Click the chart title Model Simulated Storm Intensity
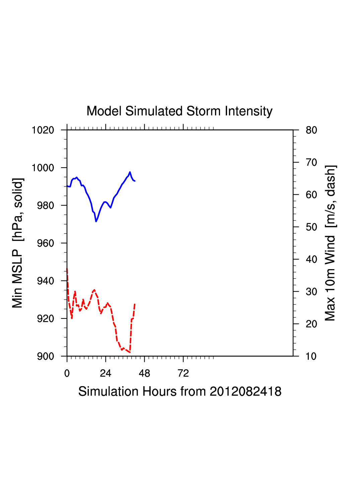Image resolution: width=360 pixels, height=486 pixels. [179, 111]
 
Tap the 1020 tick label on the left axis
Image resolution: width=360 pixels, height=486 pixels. [43, 130]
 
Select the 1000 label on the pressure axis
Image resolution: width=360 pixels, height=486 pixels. [43, 168]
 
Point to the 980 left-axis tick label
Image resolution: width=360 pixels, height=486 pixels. [46, 205]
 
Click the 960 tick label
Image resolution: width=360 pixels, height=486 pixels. [46, 243]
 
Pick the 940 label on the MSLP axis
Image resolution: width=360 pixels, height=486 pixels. [46, 281]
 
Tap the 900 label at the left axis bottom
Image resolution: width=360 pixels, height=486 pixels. [46, 356]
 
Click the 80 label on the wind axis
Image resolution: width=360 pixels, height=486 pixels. [311, 130]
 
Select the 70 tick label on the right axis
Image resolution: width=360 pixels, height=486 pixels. [311, 163]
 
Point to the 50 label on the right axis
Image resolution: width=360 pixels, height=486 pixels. [311, 227]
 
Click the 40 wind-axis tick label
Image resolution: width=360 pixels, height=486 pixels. [311, 259]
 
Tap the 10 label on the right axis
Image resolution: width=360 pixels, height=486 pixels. [311, 356]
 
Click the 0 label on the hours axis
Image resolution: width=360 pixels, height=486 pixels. [67, 373]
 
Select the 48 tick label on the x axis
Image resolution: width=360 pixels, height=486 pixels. [144, 373]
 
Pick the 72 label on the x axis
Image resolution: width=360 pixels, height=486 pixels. [183, 373]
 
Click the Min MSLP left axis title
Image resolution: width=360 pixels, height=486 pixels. [17, 243]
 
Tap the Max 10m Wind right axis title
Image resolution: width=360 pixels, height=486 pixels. [330, 243]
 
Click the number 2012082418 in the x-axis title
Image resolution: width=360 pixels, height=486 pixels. [245, 391]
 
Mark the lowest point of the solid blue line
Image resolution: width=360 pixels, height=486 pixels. [96, 222]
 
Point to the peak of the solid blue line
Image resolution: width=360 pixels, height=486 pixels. [130, 172]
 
